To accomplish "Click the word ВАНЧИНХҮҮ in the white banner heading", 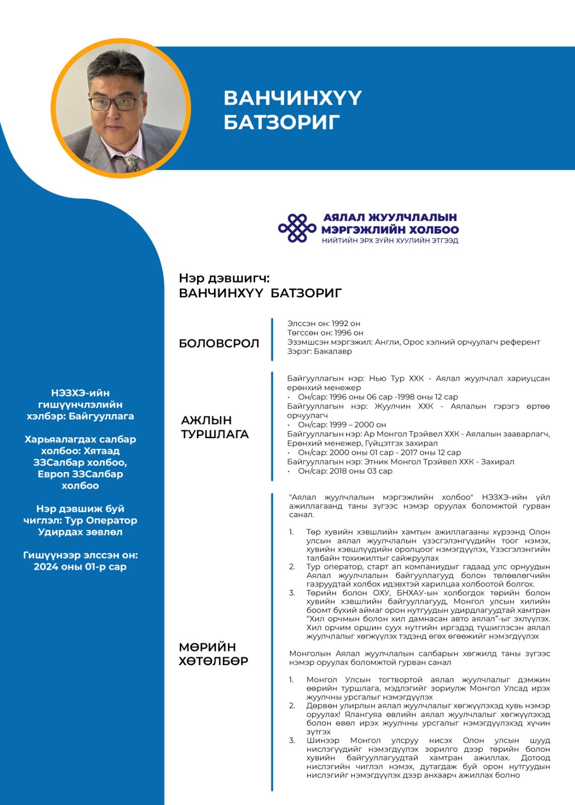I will point(293,98).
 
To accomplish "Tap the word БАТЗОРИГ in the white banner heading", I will point(281,122).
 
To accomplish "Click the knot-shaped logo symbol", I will point(298,228).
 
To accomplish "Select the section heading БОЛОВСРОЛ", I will point(219,344).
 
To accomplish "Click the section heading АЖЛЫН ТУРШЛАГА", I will point(215,427).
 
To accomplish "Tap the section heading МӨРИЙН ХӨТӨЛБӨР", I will point(213,654).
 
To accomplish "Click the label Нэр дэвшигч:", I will point(224,278).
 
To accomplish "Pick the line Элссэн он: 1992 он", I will point(324,324).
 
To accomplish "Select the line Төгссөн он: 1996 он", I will point(325,333).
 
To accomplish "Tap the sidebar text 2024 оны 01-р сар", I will point(80,567).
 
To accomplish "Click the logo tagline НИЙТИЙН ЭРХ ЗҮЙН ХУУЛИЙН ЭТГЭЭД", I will point(390,240).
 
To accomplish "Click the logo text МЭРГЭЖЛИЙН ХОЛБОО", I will point(390,230).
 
